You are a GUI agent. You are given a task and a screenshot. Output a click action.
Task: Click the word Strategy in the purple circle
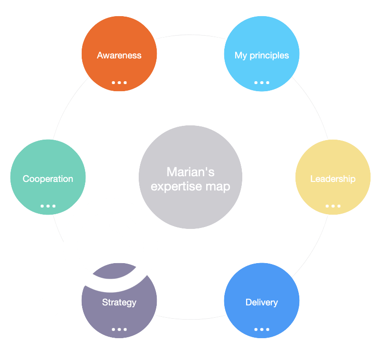(x=119, y=302)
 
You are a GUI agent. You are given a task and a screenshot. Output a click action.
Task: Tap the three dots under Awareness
(x=119, y=82)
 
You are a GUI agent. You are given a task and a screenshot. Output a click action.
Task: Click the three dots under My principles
(x=262, y=82)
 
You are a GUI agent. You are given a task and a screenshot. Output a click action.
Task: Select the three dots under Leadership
(x=333, y=206)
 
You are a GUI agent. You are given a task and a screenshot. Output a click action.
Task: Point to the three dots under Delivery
(x=262, y=329)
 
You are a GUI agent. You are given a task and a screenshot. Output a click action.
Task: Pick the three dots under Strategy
(x=119, y=329)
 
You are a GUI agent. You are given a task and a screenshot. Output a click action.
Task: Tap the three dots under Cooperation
(x=48, y=206)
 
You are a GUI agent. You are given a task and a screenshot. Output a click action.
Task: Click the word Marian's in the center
(x=190, y=171)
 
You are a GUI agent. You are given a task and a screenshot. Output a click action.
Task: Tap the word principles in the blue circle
(x=271, y=56)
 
